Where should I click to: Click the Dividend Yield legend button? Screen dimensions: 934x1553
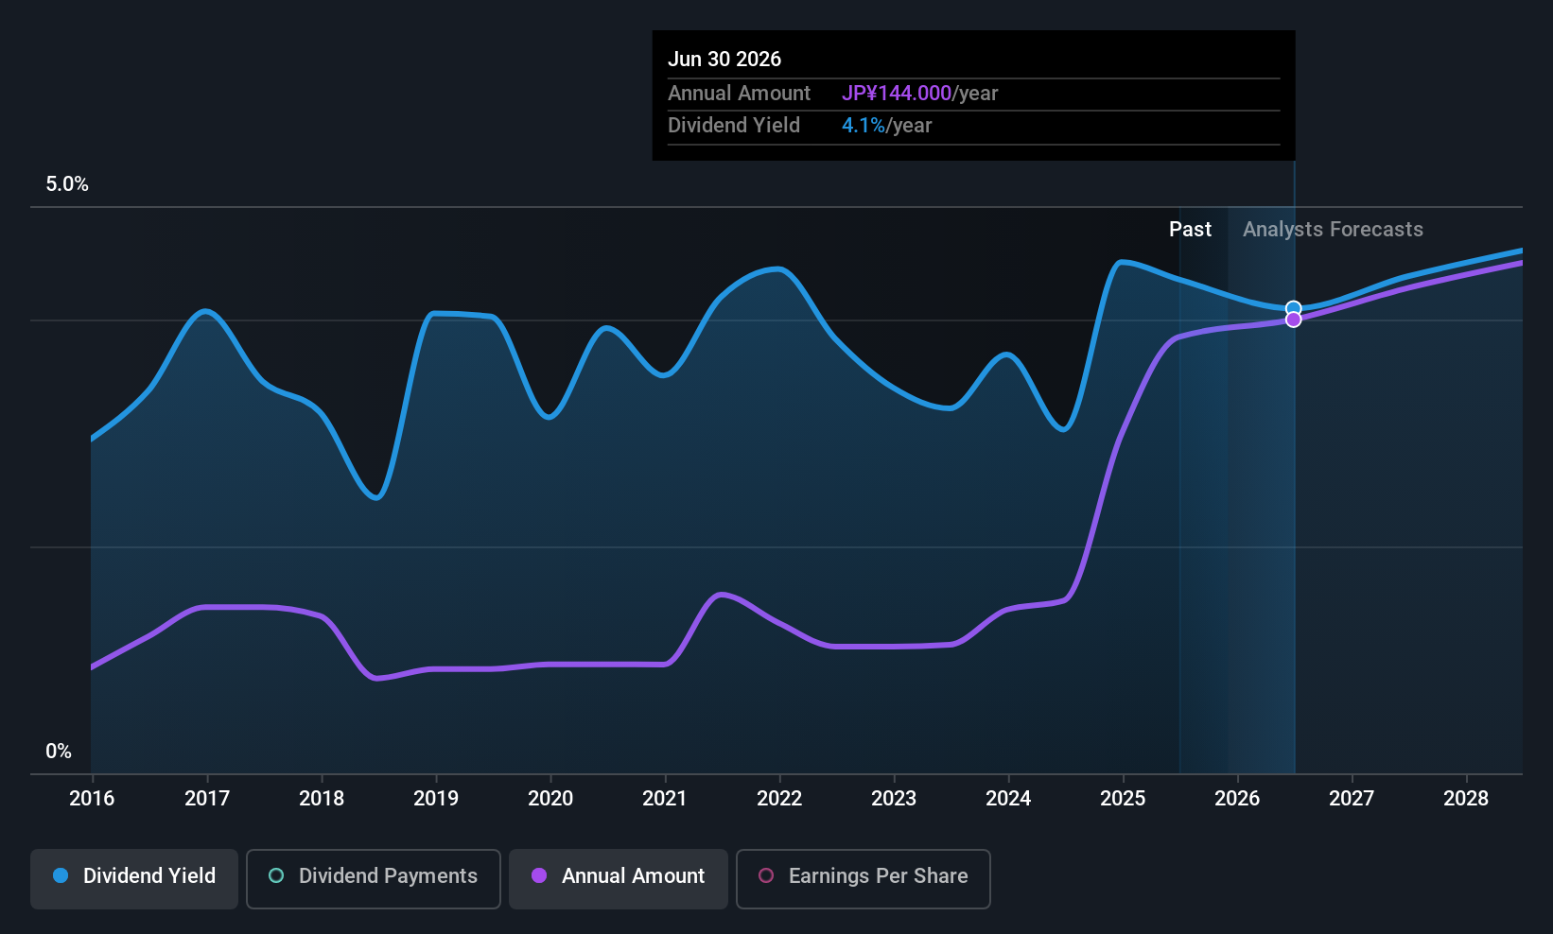pos(134,877)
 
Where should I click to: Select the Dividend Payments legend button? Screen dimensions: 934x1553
pos(374,877)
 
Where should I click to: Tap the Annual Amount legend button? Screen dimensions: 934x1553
pos(619,877)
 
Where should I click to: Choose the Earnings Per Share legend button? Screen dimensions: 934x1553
pos(863,877)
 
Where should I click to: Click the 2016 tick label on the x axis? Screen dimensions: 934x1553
pos(92,799)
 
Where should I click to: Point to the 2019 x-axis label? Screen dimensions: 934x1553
pos(436,799)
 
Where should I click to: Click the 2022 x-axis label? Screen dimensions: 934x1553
pos(779,799)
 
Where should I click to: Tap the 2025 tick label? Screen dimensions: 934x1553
pos(1123,799)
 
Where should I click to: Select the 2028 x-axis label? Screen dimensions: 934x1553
pos(1466,799)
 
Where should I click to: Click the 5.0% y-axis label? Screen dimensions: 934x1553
pos(67,184)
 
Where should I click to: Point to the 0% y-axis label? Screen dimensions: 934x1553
pos(59,752)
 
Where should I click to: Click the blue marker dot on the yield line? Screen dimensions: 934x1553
pos(1294,308)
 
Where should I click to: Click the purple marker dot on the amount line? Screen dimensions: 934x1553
pos(1294,320)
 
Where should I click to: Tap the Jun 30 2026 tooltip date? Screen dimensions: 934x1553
pos(724,60)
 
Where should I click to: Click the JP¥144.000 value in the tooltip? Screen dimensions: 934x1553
pos(896,94)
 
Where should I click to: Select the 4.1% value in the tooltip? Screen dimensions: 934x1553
pos(863,126)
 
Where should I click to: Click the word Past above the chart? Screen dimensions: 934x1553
pos(1190,230)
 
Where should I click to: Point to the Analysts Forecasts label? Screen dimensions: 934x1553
pos(1332,230)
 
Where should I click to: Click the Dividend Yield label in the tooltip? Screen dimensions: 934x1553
pos(734,126)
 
